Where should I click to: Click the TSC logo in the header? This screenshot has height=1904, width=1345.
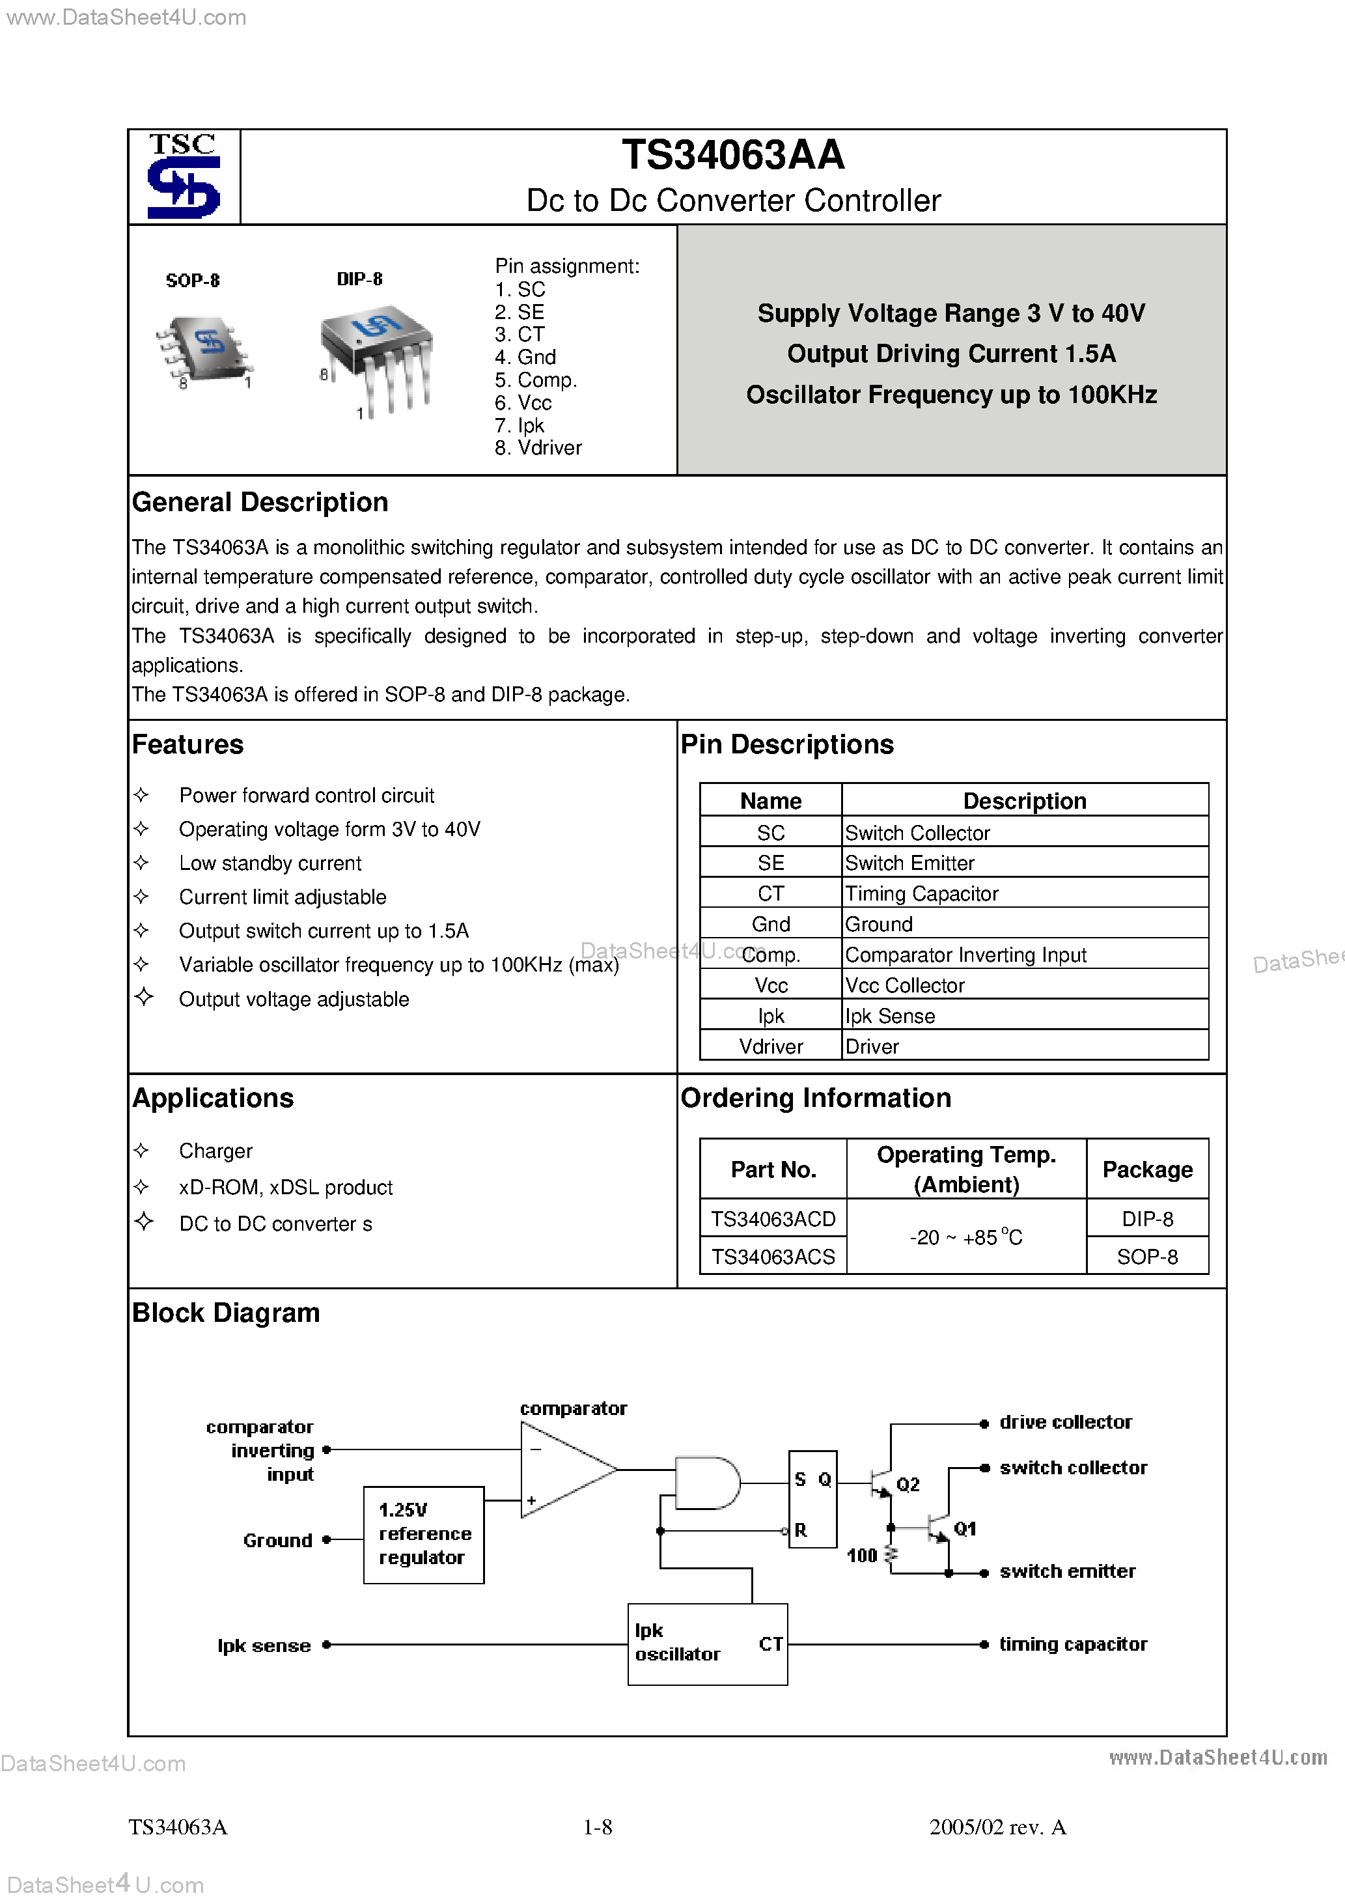click(183, 176)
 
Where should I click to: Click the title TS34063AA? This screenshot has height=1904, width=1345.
click(733, 155)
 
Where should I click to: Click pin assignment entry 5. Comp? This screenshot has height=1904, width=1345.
click(536, 380)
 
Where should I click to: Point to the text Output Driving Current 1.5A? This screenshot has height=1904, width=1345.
click(951, 354)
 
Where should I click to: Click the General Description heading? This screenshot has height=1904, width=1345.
click(260, 503)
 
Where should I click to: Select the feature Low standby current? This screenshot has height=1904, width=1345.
click(270, 863)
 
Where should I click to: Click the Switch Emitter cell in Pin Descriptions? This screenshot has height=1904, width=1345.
click(909, 863)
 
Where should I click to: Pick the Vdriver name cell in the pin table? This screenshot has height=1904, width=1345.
click(770, 1046)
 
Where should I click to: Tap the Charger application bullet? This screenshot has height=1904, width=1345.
click(215, 1151)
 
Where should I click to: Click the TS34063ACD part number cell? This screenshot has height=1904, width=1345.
click(773, 1219)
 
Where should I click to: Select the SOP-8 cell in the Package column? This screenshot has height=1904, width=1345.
click(1147, 1257)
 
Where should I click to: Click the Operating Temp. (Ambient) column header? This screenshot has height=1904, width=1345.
click(966, 1169)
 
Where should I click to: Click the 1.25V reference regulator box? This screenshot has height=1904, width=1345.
click(424, 1534)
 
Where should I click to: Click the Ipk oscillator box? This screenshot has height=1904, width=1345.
click(706, 1644)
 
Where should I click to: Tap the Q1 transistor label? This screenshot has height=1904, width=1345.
click(964, 1528)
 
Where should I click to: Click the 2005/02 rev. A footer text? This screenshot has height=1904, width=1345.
click(997, 1827)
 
